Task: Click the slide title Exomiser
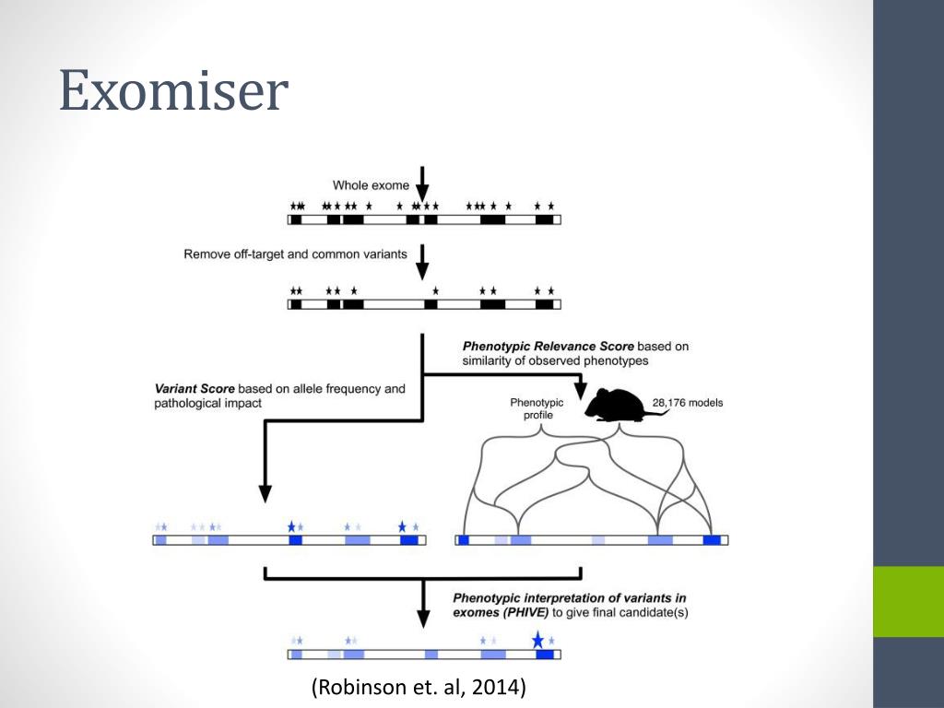tap(174, 93)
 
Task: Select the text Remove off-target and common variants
tap(295, 254)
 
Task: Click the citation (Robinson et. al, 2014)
tap(419, 687)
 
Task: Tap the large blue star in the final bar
tap(537, 639)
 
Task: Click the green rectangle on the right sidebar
tap(908, 601)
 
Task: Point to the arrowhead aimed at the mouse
tap(581, 391)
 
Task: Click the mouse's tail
tap(655, 415)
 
